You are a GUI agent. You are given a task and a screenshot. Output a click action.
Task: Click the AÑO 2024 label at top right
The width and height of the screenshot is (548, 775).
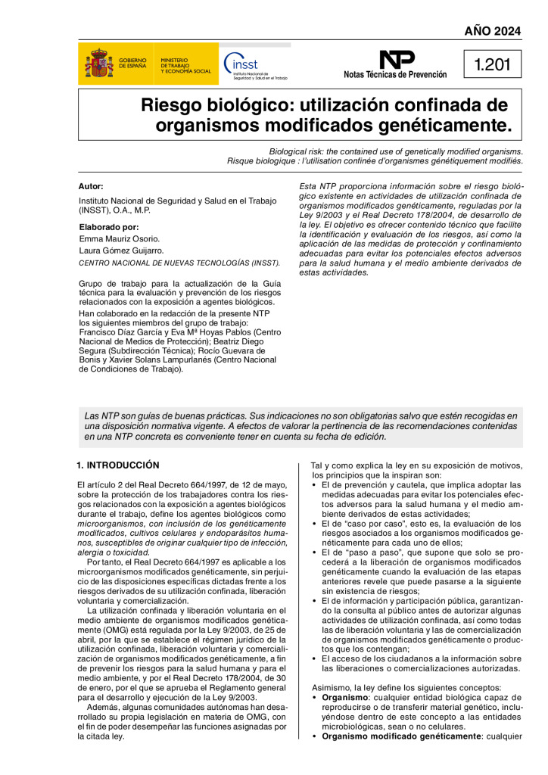493,31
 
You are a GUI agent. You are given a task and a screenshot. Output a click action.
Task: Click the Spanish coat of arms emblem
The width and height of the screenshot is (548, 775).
98,64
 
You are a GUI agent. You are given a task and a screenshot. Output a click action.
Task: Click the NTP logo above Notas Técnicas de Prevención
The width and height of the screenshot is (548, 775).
396,59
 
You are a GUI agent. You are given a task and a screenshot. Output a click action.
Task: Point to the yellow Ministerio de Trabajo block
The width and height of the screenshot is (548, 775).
184,64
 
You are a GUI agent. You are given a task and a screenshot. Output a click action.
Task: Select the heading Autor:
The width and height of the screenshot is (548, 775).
91,186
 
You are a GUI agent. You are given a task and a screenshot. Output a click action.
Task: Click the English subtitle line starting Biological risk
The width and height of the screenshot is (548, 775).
396,151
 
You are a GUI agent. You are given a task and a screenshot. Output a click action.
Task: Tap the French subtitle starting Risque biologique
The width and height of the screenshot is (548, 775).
375,161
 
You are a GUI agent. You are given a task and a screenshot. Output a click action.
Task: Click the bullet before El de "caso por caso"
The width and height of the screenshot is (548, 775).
314,524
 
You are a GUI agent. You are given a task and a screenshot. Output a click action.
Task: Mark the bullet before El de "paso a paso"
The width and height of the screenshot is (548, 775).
314,552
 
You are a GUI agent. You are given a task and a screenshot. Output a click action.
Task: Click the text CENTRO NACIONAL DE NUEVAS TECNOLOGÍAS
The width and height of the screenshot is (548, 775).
179,263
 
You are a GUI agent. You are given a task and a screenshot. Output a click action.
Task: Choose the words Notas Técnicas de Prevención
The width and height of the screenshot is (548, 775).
395,75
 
